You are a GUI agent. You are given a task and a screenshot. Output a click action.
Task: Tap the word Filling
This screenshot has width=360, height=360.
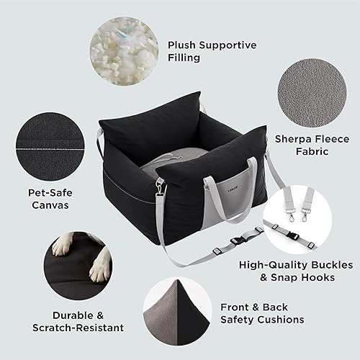(185, 58)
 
